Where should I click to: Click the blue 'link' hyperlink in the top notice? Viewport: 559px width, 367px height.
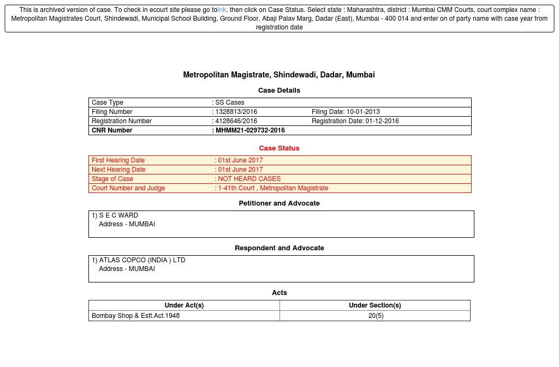pos(222,10)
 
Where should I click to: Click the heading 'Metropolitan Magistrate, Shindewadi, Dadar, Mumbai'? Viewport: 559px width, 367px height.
pos(279,75)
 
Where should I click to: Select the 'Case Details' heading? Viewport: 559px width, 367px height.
pos(279,90)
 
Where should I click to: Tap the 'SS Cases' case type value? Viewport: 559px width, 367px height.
pos(230,103)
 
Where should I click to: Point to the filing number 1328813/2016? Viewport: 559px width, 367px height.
pos(236,112)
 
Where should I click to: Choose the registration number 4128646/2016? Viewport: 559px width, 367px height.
pos(236,121)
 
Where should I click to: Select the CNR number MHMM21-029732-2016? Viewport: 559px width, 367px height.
pos(250,130)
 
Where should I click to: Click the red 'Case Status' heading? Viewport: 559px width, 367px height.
pos(279,148)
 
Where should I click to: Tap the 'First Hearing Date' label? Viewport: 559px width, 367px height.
pos(118,160)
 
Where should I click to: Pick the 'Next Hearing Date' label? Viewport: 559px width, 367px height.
pos(118,170)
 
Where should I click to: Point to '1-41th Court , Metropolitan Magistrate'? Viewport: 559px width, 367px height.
pos(273,188)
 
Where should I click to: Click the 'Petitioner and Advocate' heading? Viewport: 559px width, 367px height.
pos(279,203)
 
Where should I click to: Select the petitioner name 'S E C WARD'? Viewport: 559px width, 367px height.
pos(118,215)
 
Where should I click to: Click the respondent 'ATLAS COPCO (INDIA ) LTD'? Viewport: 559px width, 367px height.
pos(142,260)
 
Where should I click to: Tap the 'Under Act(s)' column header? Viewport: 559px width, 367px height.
pos(184,305)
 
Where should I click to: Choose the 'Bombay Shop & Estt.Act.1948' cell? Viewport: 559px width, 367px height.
pos(135,316)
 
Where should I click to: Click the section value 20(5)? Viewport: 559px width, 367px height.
pos(376,316)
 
